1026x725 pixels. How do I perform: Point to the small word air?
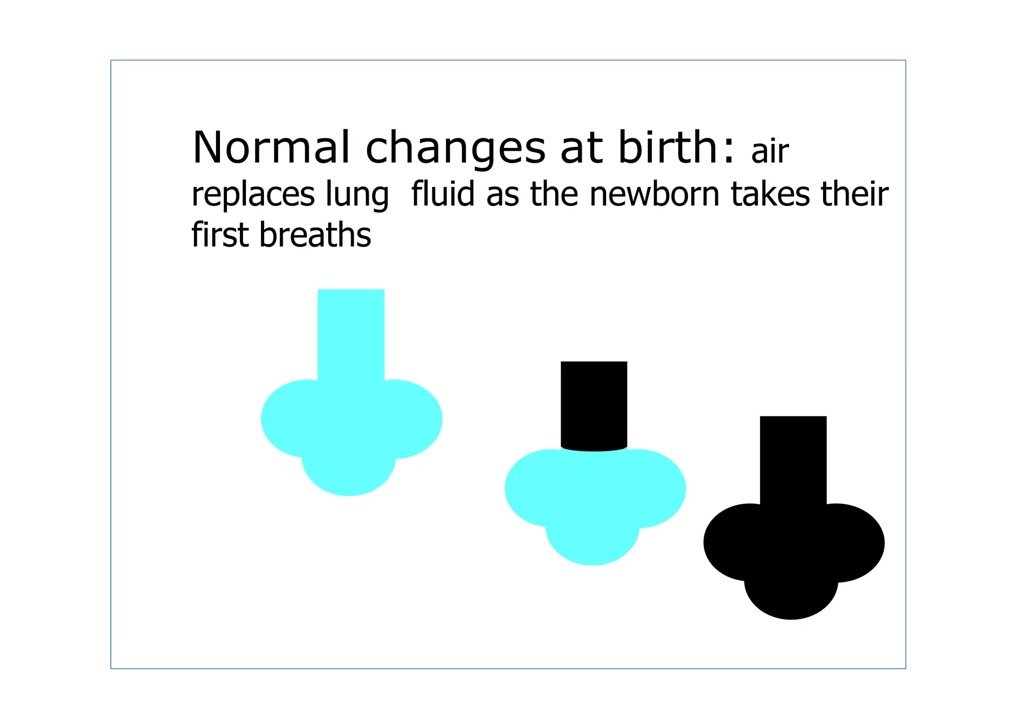click(770, 151)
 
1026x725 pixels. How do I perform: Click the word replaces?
click(253, 195)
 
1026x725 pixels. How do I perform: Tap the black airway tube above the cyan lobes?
click(594, 403)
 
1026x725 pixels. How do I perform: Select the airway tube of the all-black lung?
click(793, 458)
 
